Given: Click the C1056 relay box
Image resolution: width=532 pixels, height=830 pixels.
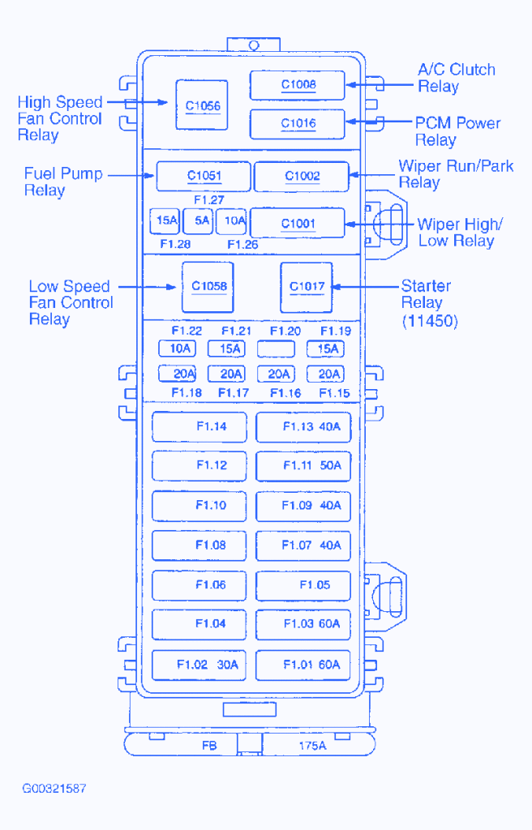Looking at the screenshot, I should [203, 105].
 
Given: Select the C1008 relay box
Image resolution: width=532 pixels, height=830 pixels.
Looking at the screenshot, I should [298, 84].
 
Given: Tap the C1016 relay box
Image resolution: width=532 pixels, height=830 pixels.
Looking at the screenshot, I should [298, 123].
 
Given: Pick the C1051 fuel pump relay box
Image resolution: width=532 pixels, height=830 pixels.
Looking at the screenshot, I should [204, 176].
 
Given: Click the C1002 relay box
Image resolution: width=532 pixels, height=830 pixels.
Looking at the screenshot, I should [302, 176].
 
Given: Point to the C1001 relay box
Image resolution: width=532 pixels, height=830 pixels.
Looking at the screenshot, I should [298, 223].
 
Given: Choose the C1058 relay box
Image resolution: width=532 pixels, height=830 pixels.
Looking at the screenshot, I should [208, 287].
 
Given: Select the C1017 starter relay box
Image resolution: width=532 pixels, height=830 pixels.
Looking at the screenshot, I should [307, 287].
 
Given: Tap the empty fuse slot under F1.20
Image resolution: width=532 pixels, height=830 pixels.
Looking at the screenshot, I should [276, 349].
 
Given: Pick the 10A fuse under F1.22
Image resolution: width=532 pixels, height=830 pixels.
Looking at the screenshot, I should [177, 349].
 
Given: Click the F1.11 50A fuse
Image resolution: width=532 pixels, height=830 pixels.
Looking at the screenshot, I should [304, 466].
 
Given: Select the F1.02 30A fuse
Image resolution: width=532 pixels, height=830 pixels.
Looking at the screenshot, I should [199, 665].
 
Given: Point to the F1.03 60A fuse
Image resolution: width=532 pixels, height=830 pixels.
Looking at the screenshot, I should [304, 624].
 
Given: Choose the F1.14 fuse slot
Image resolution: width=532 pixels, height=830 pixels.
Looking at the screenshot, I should [199, 426].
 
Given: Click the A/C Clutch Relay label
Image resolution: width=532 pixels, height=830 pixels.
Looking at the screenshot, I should [456, 78].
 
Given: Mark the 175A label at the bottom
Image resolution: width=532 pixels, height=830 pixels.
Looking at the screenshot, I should [312, 746].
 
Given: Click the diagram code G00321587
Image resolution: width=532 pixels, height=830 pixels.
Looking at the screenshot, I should [54, 788].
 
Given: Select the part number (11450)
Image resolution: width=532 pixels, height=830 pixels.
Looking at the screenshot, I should [430, 322].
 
